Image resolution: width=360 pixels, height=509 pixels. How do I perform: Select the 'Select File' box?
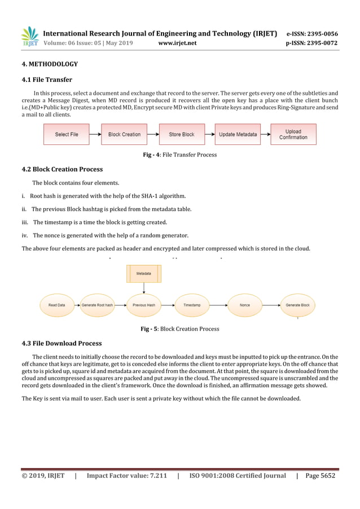(x=67, y=134)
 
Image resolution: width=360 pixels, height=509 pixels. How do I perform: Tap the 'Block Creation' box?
(x=124, y=134)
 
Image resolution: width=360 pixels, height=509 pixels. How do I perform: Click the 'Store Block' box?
(x=182, y=134)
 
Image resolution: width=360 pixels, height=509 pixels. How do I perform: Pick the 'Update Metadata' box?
(x=238, y=134)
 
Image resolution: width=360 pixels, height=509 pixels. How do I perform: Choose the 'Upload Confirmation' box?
(x=293, y=134)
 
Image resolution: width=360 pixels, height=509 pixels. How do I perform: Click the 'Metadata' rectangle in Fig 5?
(x=143, y=273)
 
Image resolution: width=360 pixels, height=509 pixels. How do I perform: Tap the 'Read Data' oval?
(x=56, y=305)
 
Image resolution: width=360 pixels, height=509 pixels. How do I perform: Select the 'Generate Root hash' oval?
(x=97, y=305)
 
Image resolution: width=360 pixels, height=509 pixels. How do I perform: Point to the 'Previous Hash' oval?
(x=143, y=305)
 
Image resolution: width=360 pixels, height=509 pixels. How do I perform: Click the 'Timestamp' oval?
(x=192, y=305)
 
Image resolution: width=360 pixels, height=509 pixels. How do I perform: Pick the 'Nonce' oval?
(x=244, y=305)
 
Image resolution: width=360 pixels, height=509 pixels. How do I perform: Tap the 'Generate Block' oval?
(x=297, y=305)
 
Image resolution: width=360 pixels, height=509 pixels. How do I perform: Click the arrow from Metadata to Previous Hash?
(x=143, y=288)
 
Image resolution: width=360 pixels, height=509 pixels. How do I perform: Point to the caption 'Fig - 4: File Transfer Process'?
(x=180, y=155)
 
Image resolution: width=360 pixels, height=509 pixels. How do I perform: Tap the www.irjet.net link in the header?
(x=177, y=42)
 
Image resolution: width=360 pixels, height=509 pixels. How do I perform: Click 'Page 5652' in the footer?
(x=320, y=476)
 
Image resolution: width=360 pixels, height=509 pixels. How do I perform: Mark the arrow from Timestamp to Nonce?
(x=218, y=305)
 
